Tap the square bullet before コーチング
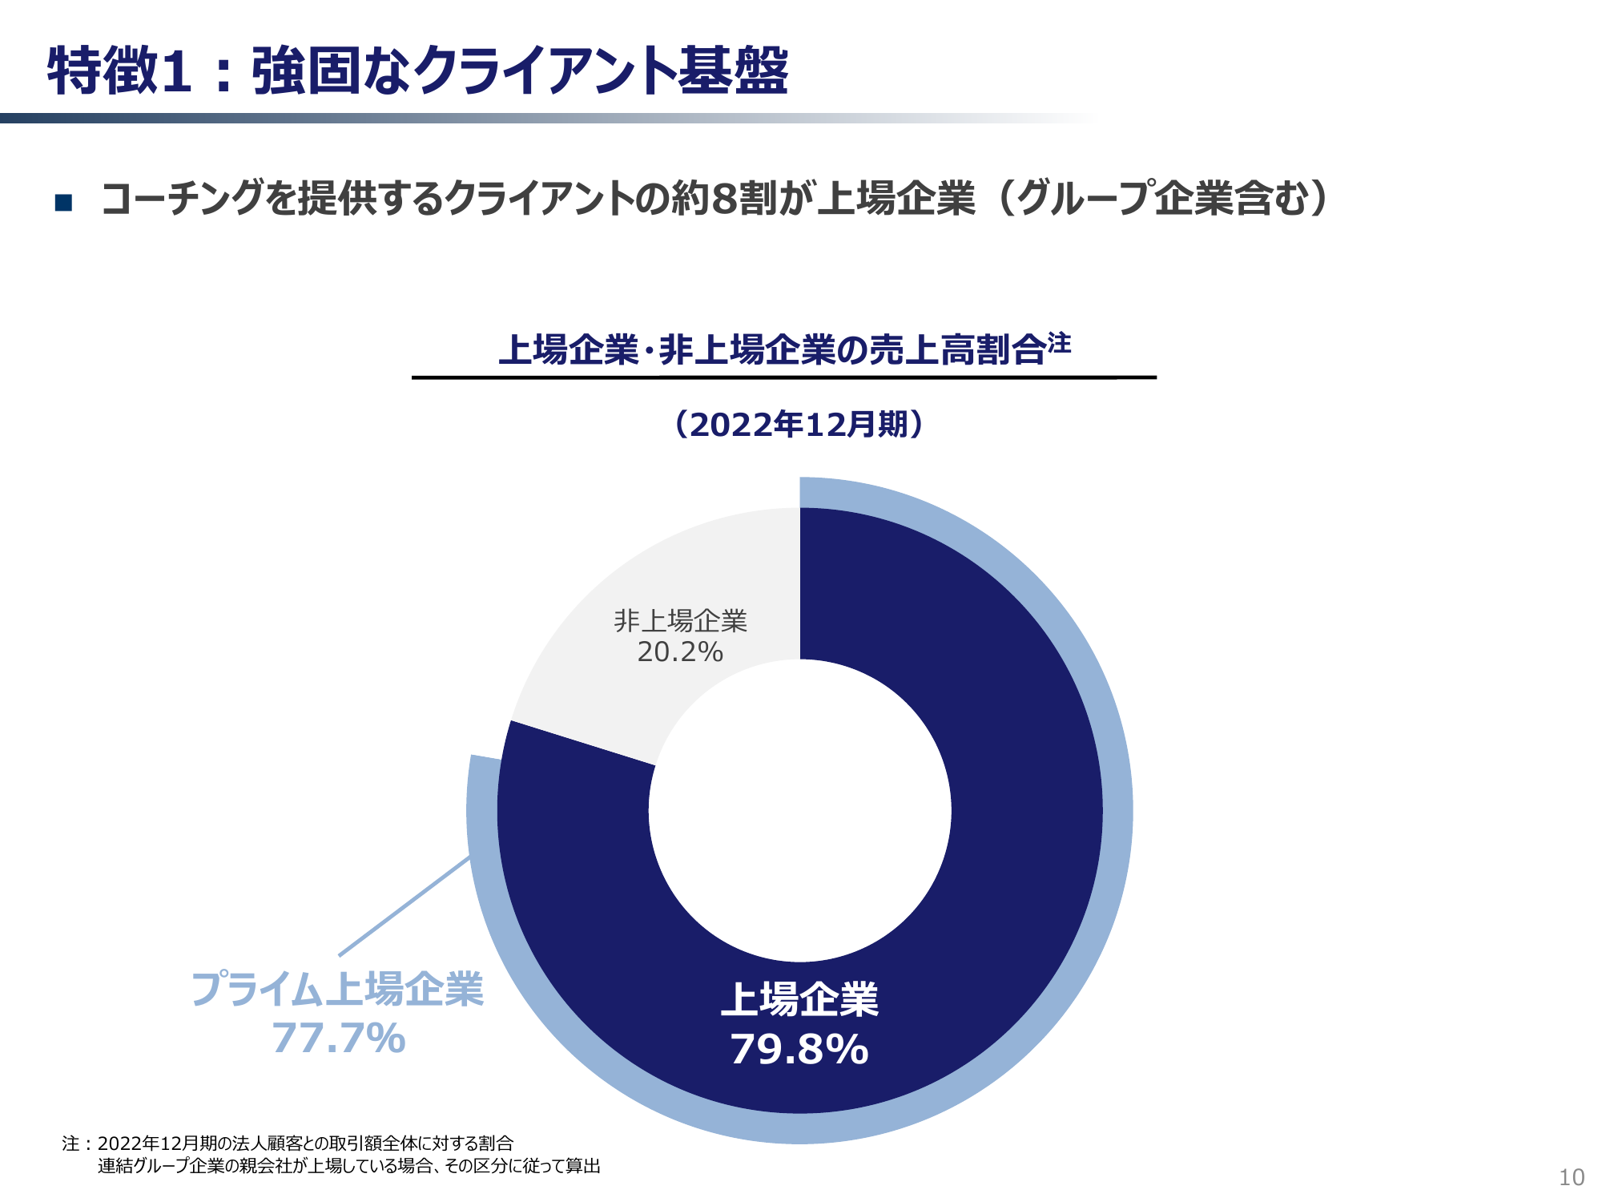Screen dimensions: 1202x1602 point(63,202)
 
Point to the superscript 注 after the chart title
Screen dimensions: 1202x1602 point(1059,343)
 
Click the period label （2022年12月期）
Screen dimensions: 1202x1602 point(799,425)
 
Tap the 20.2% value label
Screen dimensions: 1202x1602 point(680,652)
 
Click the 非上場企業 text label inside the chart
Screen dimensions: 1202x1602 point(680,621)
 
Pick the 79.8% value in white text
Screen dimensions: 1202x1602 point(799,1050)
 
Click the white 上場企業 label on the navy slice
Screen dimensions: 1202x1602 point(799,1000)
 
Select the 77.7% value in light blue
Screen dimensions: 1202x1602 point(338,1039)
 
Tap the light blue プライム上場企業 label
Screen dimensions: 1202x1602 point(337,989)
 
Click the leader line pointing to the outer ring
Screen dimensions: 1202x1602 point(405,906)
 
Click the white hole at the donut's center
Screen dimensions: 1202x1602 point(799,810)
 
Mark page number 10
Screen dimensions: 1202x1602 point(1572,1177)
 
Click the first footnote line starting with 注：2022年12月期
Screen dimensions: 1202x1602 point(288,1144)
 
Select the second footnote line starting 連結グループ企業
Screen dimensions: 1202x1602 point(348,1166)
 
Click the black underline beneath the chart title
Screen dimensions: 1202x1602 point(783,377)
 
